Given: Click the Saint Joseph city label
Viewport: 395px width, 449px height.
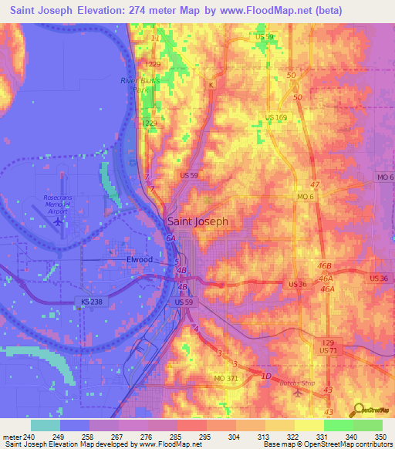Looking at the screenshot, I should pyautogui.click(x=197, y=221).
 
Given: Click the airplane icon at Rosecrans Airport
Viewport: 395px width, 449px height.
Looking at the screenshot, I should pyautogui.click(x=59, y=222).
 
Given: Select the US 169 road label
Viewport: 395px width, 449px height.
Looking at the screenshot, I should pyautogui.click(x=276, y=116).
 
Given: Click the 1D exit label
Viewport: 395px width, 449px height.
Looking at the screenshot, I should pyautogui.click(x=266, y=376).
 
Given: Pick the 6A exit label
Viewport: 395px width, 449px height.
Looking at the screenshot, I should pyautogui.click(x=170, y=239).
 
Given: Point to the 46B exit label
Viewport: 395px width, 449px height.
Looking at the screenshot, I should pyautogui.click(x=325, y=265).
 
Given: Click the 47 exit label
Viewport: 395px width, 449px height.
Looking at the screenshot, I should pyautogui.click(x=315, y=186).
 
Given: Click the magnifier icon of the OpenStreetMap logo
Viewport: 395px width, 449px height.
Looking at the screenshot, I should pyautogui.click(x=357, y=410).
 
